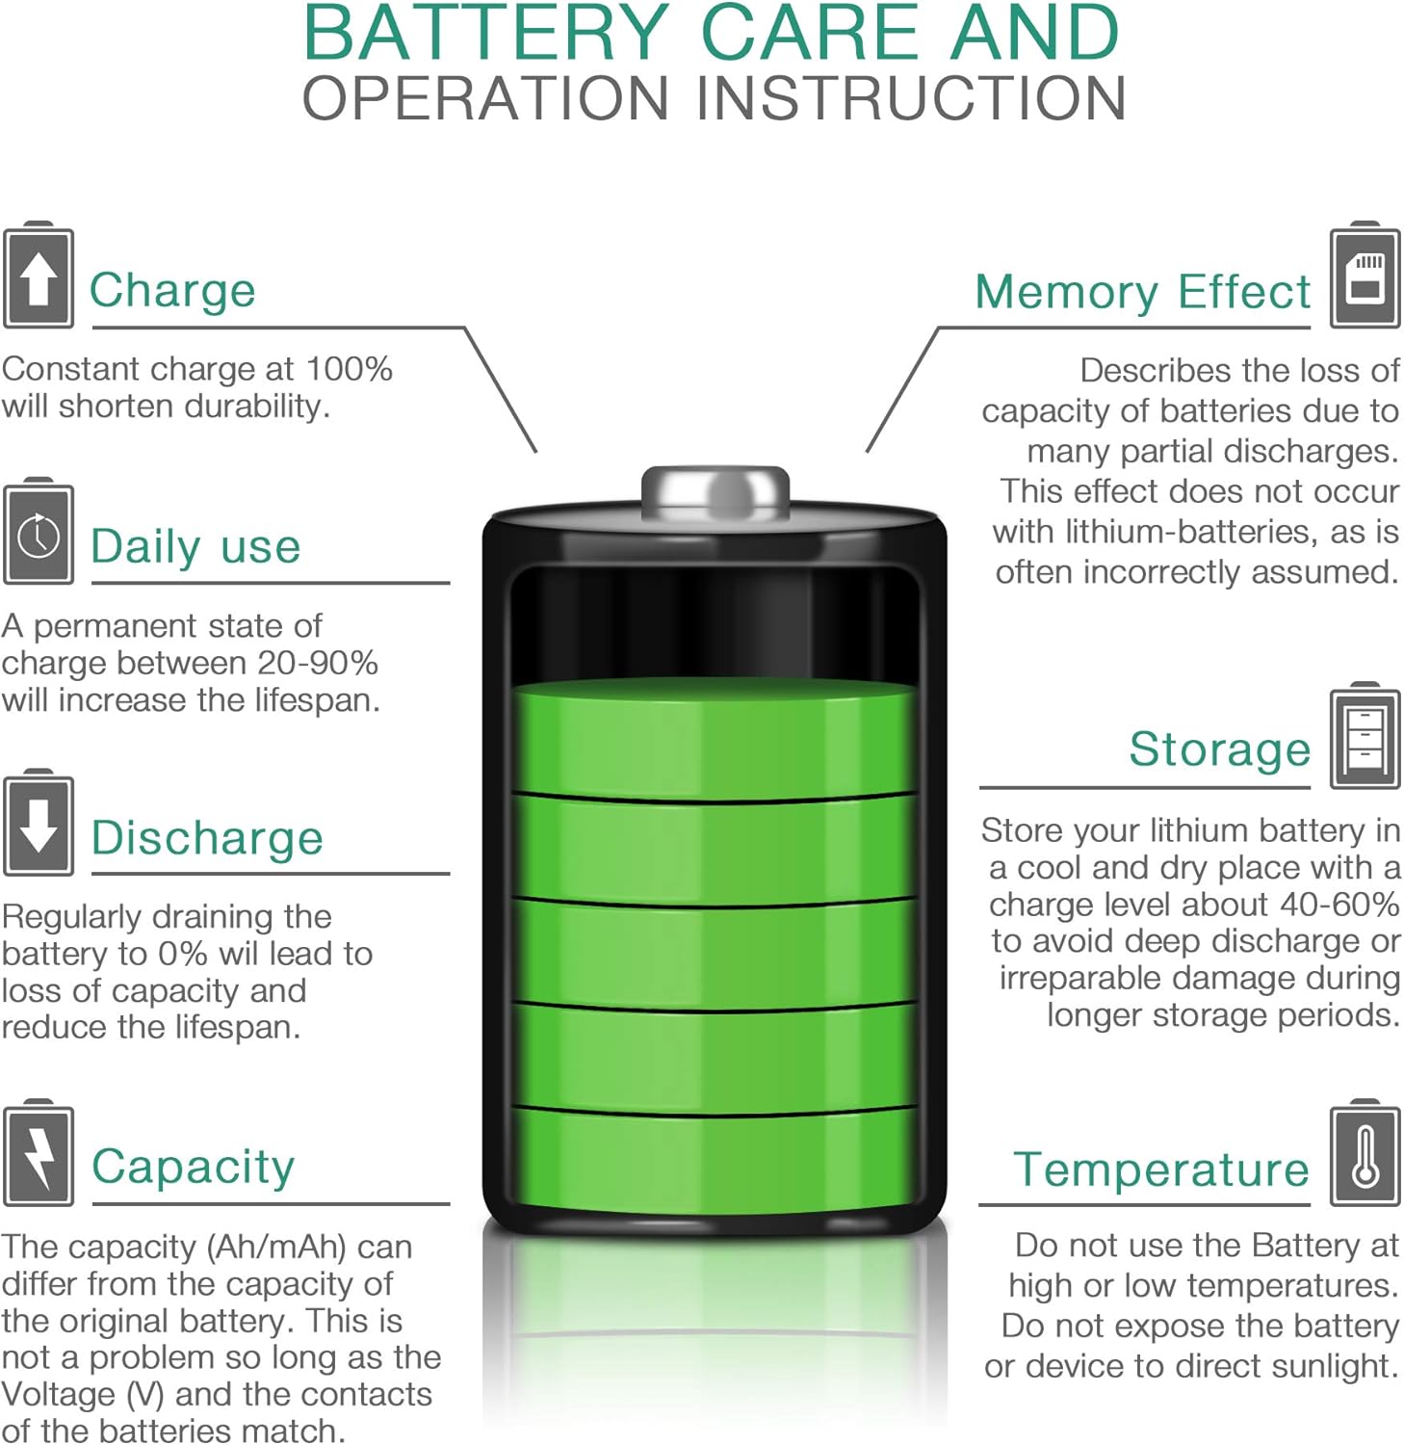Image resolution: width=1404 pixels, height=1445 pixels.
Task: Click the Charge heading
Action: pos(172,290)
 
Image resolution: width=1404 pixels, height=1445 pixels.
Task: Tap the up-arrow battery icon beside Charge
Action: pos(39,276)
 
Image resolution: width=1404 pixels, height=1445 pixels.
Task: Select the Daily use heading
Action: pos(195,546)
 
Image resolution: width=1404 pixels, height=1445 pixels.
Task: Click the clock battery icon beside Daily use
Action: pos(39,531)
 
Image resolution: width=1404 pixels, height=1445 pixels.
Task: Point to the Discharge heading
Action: pos(207,837)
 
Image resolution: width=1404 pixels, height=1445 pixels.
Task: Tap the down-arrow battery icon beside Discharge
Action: pos(39,823)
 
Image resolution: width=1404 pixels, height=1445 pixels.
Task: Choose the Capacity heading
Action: pos(193,1167)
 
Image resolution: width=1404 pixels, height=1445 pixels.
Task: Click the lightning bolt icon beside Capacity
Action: pos(39,1152)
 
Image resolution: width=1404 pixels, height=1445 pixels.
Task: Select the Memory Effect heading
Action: pos(1143,292)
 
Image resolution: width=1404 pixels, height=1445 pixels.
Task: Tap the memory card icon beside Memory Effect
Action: pos(1365,276)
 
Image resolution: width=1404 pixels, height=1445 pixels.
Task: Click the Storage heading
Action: pos(1220,749)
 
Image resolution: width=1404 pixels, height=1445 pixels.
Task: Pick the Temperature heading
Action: pos(1161,1169)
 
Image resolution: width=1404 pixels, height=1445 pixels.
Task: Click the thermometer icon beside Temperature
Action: pos(1365,1152)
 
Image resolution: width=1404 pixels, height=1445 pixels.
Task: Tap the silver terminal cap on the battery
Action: pos(715,489)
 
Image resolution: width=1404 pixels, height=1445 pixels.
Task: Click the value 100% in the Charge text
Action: pos(350,369)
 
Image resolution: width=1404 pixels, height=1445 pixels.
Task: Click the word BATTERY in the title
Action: pos(486,33)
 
